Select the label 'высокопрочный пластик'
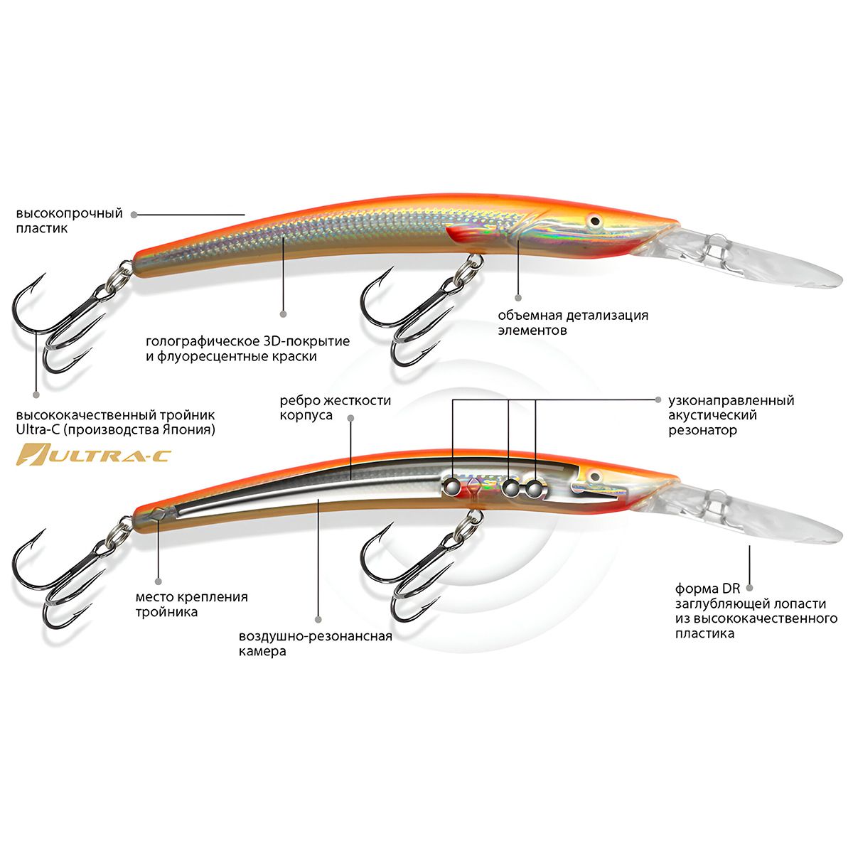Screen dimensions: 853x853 [70, 221]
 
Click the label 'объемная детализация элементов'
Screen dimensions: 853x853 [573, 323]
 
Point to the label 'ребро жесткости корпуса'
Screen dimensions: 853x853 [335, 407]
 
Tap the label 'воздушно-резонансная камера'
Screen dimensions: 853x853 [316, 643]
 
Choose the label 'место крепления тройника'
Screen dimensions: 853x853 [191, 604]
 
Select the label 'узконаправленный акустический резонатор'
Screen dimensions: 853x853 [731, 415]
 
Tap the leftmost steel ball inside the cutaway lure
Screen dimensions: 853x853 [450, 486]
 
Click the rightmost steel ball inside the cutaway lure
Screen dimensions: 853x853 [534, 488]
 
